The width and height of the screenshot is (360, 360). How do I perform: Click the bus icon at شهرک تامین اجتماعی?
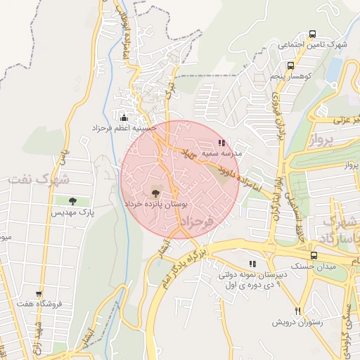click(312, 34)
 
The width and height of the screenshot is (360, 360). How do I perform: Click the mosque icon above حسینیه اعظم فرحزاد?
click(124, 117)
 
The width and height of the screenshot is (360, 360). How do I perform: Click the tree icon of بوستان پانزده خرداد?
click(155, 191)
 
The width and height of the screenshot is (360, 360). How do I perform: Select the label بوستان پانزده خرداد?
click(156, 202)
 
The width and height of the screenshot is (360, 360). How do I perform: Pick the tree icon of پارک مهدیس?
click(72, 201)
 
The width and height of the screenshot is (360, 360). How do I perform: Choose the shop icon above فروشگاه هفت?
click(39, 294)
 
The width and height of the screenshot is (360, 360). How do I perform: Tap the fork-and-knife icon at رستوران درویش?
click(297, 311)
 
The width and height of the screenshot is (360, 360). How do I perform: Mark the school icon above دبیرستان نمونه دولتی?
click(252, 264)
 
